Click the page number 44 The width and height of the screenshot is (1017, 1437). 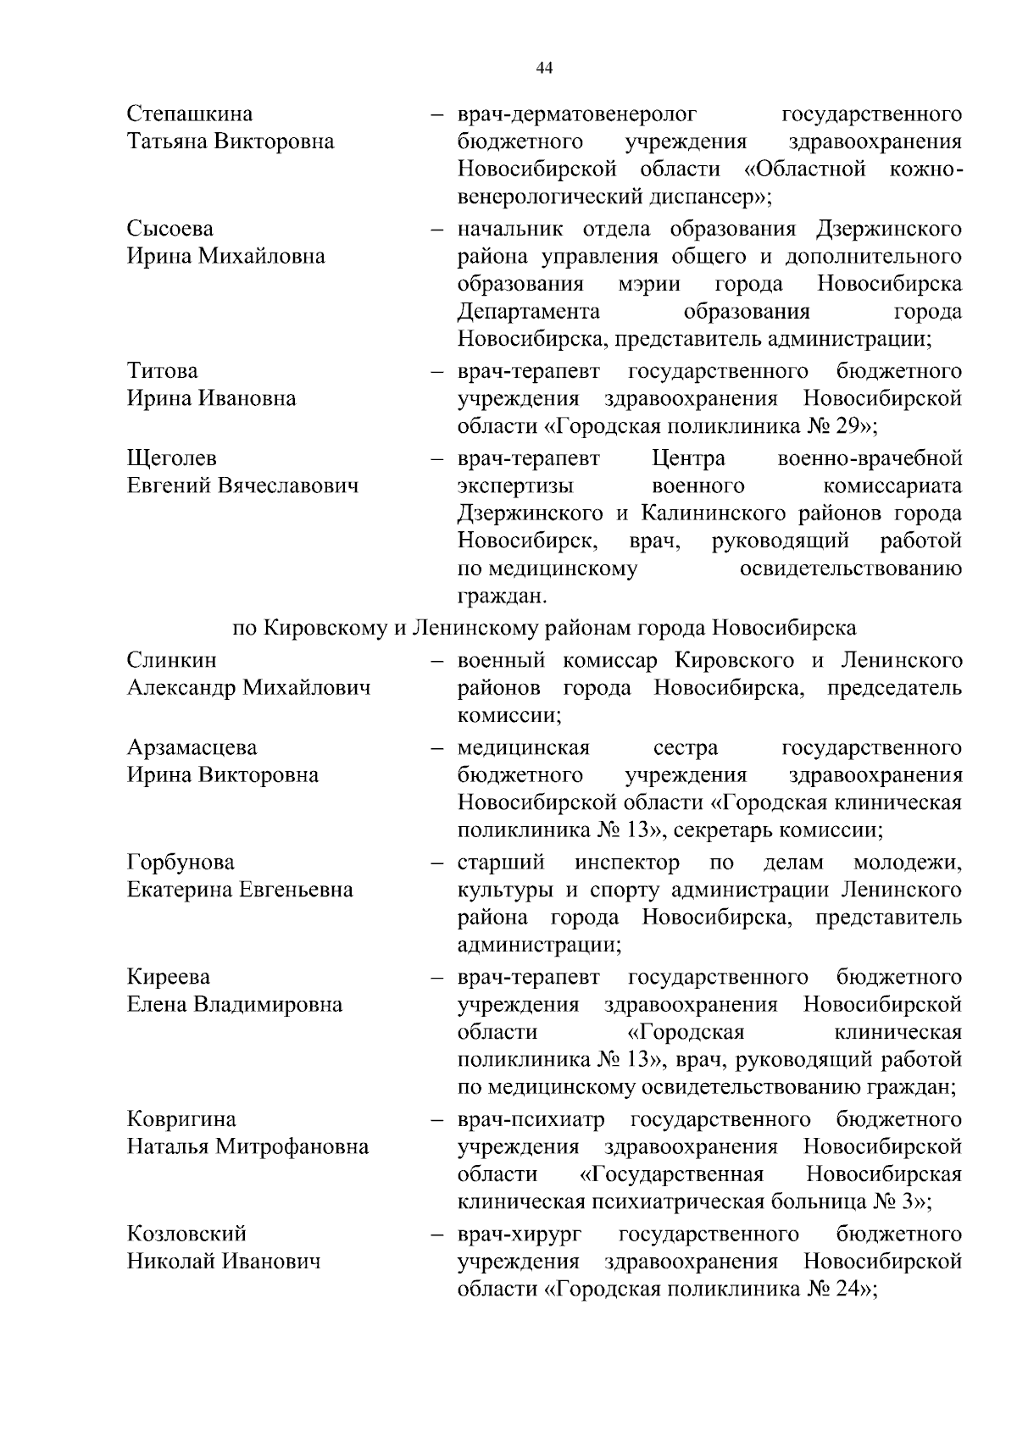click(544, 69)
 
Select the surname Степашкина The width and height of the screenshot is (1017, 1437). click(190, 114)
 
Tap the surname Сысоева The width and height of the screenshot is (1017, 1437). click(170, 229)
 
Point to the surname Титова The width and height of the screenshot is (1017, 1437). click(163, 371)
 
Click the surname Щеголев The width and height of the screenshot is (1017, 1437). click(172, 458)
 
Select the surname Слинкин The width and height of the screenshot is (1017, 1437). click(172, 660)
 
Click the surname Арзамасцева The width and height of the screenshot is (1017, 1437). click(192, 748)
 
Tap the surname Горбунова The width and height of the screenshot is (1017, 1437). click(181, 863)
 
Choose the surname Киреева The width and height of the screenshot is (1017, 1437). click(169, 978)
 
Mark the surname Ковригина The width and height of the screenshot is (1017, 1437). click(181, 1120)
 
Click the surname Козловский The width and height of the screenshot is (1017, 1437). click(187, 1234)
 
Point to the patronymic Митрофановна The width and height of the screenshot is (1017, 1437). click(292, 1147)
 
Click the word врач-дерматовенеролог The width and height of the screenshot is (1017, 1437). click(577, 114)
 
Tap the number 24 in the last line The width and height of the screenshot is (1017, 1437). click(846, 1290)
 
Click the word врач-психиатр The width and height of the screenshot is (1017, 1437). click(531, 1120)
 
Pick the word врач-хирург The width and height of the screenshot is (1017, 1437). click(520, 1234)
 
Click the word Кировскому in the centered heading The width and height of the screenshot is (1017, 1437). click(324, 628)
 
